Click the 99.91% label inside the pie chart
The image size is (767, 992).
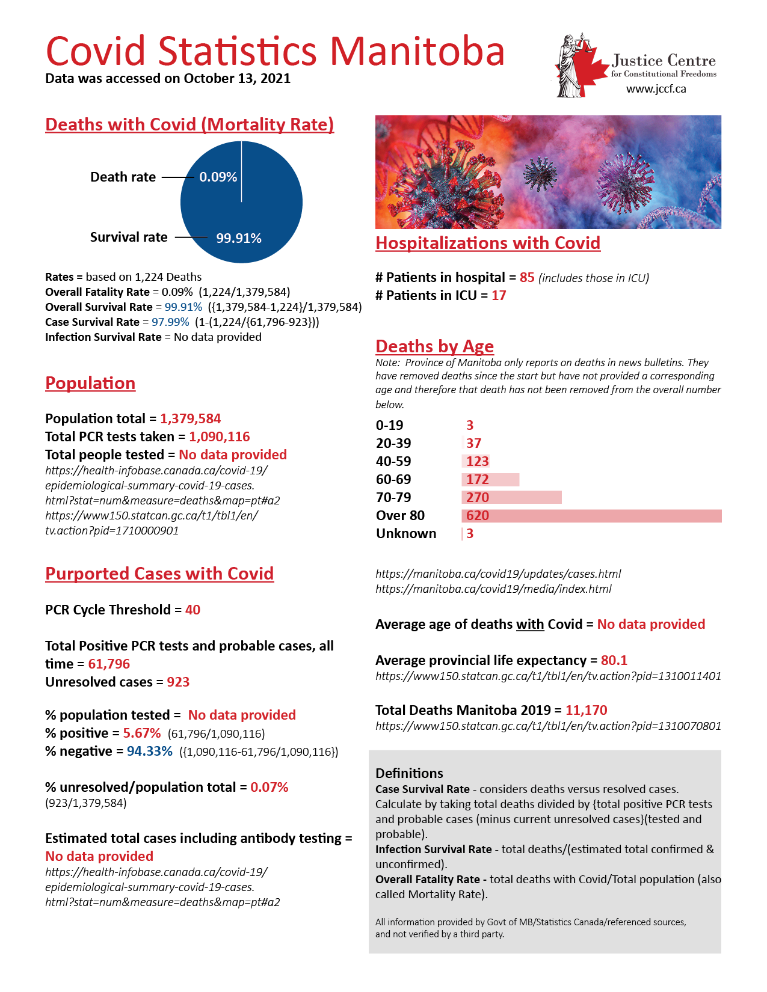[239, 239]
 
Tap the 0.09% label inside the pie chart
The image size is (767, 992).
[218, 177]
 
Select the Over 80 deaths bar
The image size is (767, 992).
[591, 516]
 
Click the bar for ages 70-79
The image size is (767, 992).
[512, 498]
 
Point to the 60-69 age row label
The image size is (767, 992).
[393, 480]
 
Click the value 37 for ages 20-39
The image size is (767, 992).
[473, 444]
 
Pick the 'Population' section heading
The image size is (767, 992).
[90, 384]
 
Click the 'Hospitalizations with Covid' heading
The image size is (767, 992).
[488, 243]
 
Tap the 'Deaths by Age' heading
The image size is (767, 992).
[434, 347]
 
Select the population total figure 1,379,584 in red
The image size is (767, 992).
[190, 419]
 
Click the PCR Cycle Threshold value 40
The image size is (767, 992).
[193, 610]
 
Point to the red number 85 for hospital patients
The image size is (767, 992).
[527, 278]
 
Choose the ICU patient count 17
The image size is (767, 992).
[499, 296]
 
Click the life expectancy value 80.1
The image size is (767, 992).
[614, 661]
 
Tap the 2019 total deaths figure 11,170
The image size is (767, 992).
[586, 711]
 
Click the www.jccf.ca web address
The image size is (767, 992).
[656, 90]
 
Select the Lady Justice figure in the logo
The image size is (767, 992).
[569, 66]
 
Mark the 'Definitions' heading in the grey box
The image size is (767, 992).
[409, 774]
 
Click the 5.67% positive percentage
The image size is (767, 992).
[142, 733]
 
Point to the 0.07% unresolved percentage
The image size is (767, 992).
[269, 788]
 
